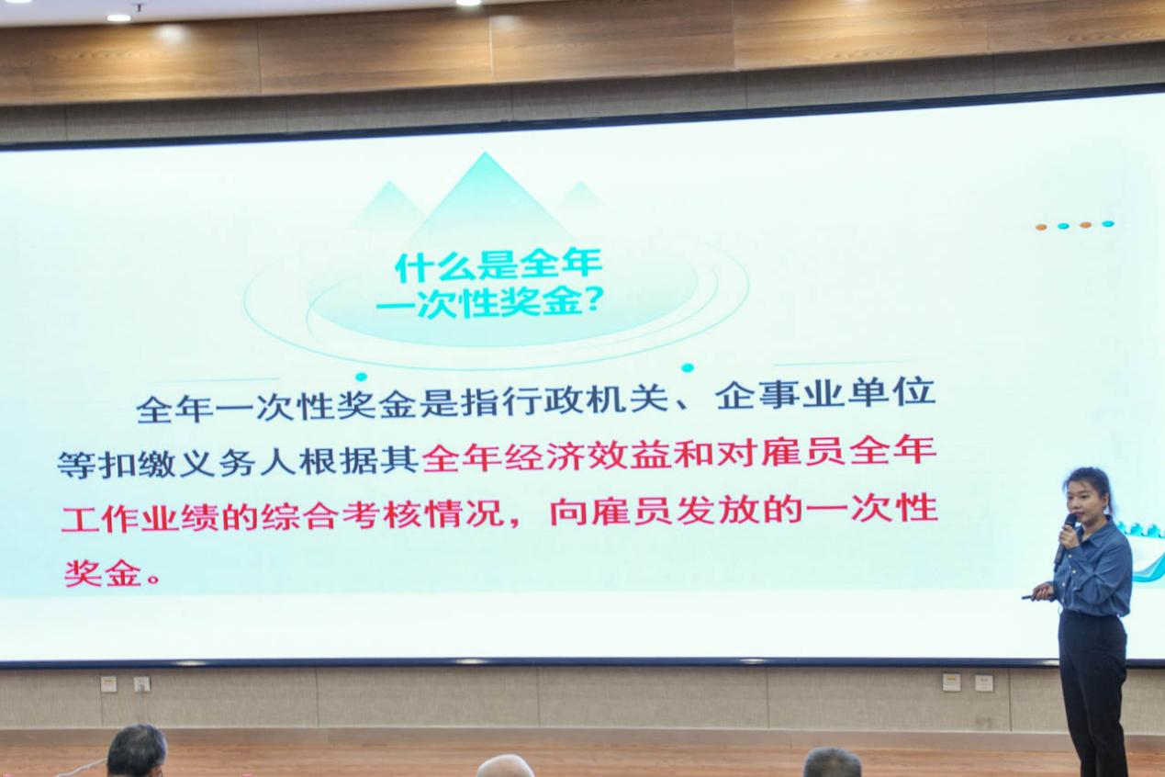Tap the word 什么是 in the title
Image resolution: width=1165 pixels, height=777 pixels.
[455, 266]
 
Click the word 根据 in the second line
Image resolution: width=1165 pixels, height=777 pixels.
[339, 460]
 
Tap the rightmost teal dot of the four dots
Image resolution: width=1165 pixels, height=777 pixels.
[1108, 224]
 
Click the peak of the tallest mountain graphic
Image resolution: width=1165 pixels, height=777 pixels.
[486, 153]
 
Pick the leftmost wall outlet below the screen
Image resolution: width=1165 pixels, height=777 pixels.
[108, 683]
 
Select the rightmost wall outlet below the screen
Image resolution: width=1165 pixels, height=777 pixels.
[983, 682]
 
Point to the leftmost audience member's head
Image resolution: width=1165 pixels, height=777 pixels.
[137, 751]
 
